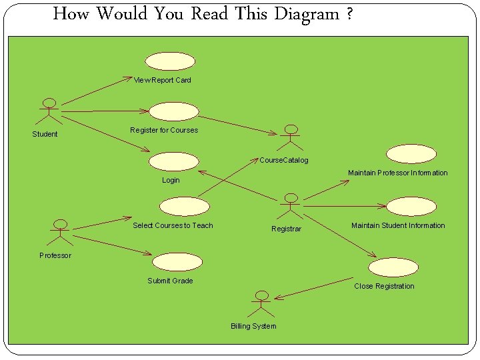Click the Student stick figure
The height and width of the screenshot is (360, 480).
coord(49,111)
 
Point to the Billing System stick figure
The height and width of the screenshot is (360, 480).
coord(261,304)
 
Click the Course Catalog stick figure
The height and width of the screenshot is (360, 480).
coord(290,137)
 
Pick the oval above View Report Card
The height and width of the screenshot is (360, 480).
coord(171,61)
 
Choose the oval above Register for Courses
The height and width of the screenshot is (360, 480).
coord(173,111)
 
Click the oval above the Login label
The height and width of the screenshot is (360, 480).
coord(173,161)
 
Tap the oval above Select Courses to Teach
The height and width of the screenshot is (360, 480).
coord(184,207)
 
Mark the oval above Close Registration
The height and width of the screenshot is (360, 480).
coord(394,267)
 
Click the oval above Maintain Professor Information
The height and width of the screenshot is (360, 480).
coord(411,154)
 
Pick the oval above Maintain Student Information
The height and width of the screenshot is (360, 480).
coord(411,207)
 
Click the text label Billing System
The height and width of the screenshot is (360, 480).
coord(253,326)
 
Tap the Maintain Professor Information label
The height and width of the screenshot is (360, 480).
coord(398,173)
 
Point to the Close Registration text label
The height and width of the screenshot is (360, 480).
coord(384,287)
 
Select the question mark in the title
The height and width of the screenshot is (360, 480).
coord(350,14)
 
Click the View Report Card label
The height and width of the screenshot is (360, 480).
coord(163,81)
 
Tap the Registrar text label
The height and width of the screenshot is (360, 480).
coord(286,229)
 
